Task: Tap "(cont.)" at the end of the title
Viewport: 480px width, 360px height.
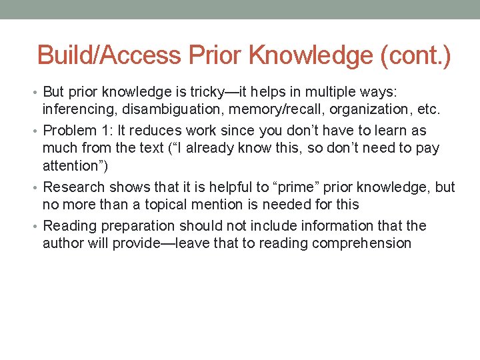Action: [415, 55]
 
